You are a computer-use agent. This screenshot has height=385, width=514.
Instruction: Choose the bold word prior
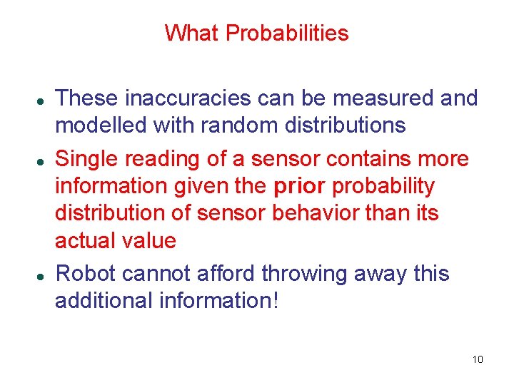299,187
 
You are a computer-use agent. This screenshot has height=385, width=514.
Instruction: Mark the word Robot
85,274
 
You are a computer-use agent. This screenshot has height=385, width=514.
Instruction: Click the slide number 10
478,359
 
